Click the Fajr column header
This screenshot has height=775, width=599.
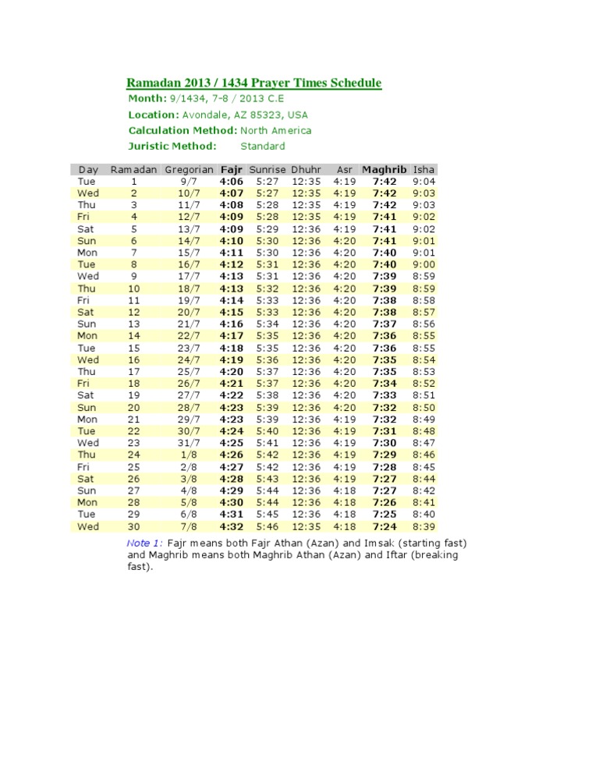point(232,169)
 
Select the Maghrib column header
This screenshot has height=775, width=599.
point(385,169)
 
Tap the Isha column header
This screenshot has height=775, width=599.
point(424,169)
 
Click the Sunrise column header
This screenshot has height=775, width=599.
point(268,169)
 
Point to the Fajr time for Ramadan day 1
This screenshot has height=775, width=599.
point(232,181)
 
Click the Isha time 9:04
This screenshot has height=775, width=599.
point(424,181)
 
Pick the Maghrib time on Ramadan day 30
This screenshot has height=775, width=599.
point(385,526)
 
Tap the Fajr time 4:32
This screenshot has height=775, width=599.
point(232,526)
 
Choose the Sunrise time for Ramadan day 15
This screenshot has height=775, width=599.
point(268,348)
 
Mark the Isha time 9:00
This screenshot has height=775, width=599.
point(424,264)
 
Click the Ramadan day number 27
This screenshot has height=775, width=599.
point(134,490)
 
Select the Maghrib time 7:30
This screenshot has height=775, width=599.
point(385,443)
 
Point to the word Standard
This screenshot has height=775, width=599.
point(263,146)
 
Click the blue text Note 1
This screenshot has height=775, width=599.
point(144,543)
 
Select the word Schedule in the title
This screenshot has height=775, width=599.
point(353,83)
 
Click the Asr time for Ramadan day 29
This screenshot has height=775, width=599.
point(345,515)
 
